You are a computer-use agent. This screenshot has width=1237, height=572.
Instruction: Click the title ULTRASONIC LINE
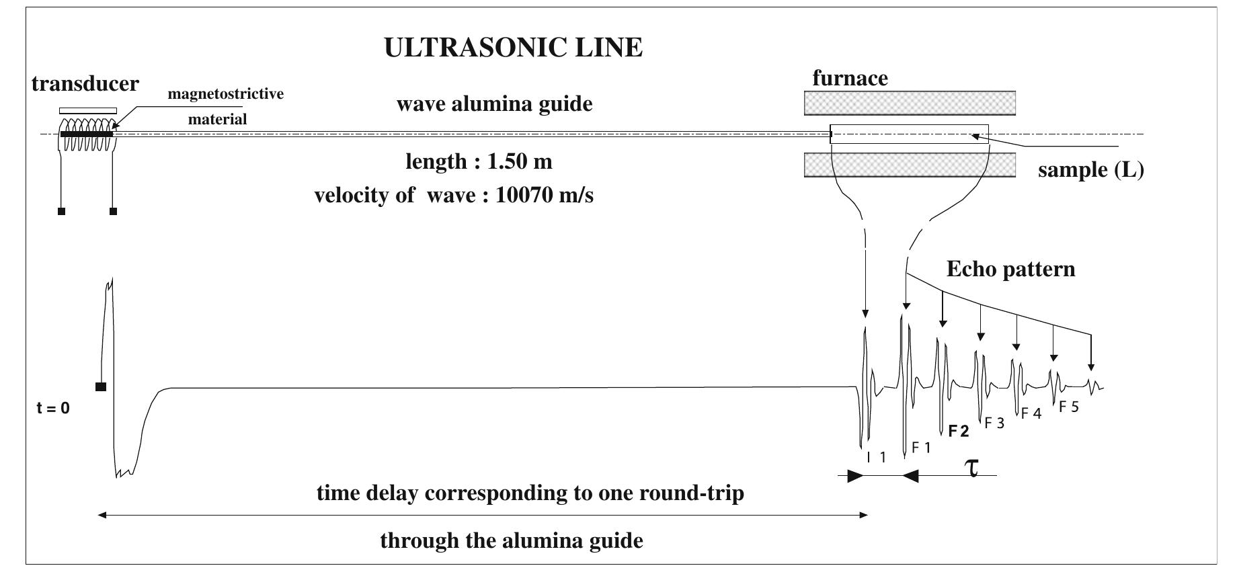point(513,48)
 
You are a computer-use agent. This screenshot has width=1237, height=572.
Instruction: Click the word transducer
point(85,84)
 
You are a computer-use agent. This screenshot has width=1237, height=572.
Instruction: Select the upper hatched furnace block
point(910,103)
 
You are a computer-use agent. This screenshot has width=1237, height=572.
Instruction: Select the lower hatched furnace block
point(910,165)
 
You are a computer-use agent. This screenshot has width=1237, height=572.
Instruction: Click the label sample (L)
point(1090,169)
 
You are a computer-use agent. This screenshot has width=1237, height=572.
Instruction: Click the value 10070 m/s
point(544,196)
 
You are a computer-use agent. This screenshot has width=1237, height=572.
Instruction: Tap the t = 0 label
point(53,408)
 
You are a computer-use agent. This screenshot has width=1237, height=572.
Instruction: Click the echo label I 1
point(877,458)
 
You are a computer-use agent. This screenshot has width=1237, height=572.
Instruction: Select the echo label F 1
point(921,448)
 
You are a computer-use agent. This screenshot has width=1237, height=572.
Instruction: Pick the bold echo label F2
point(959,432)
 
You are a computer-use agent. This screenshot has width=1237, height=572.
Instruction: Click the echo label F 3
point(994,423)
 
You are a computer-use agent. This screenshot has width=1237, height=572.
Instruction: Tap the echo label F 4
point(1031,414)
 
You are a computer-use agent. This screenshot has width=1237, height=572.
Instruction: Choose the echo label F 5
point(1068,407)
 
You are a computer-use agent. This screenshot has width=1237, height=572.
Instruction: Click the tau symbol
point(972,467)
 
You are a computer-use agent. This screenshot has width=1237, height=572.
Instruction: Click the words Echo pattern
point(1010,270)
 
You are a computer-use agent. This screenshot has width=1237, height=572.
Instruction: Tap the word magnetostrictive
point(225,94)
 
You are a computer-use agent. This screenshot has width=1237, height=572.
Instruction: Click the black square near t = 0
point(101,386)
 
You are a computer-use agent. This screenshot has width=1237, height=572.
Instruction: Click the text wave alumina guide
point(494,105)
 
